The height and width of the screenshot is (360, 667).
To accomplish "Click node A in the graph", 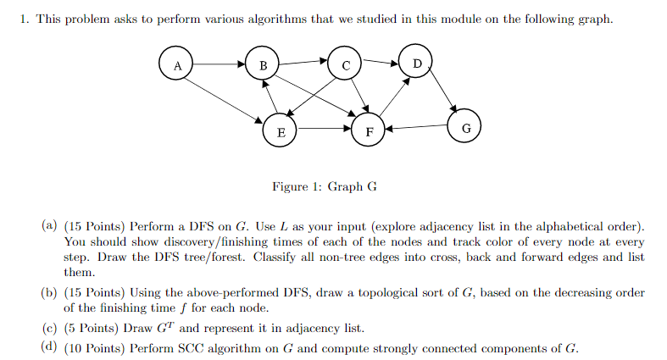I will coord(177,64).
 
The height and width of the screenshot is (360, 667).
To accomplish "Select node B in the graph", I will coord(264,64).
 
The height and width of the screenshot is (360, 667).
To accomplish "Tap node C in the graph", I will coord(346,64).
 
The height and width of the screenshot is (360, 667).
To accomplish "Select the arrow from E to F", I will coord(324,131).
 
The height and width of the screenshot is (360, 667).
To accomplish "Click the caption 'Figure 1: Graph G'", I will coord(325,186).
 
